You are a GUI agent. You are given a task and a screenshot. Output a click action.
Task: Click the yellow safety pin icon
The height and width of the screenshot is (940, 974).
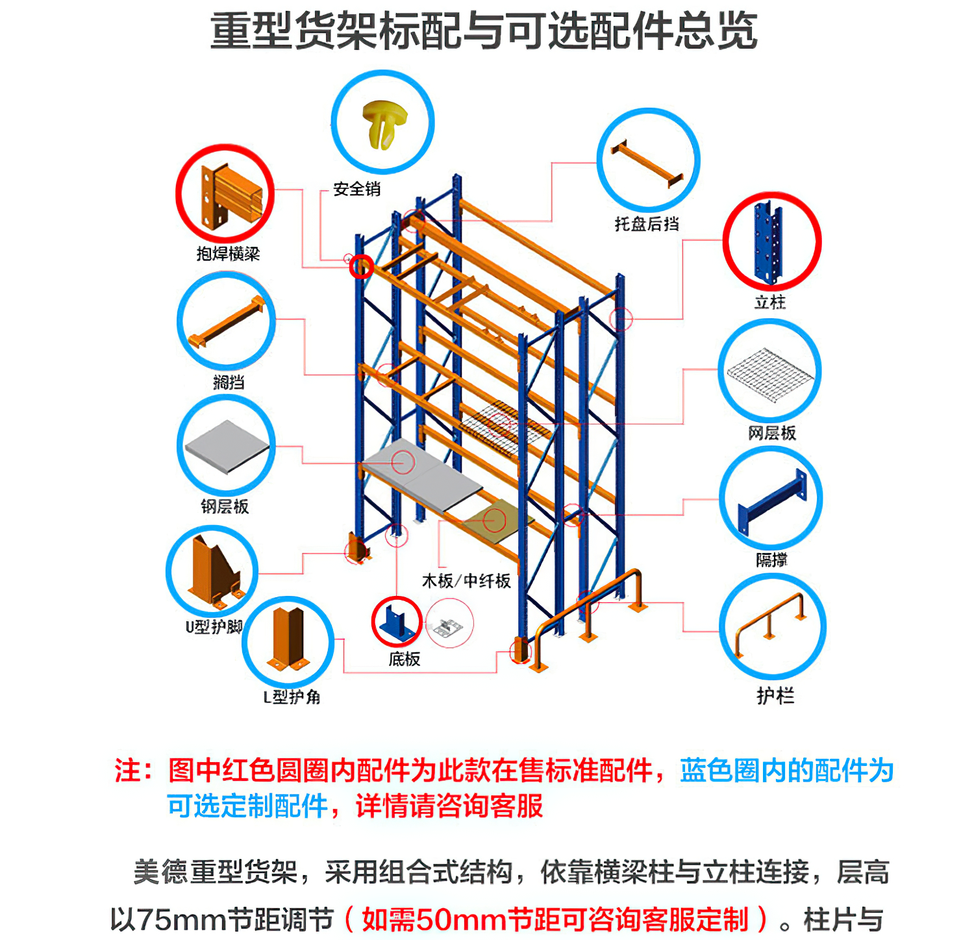pyautogui.click(x=384, y=123)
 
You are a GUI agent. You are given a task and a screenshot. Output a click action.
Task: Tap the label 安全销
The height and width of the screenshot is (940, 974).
pyautogui.click(x=356, y=190)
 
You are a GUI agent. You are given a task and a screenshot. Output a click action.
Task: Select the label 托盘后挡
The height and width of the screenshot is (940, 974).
pyautogui.click(x=647, y=224)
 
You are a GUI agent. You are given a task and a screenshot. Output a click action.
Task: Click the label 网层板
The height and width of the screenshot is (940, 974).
pyautogui.click(x=772, y=433)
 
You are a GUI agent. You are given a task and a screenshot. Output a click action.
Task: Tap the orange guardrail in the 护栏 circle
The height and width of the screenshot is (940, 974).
pyautogui.click(x=771, y=623)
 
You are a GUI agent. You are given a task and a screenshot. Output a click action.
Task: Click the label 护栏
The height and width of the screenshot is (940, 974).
pyautogui.click(x=775, y=695)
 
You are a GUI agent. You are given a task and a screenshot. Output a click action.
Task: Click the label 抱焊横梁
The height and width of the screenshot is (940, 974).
pyautogui.click(x=228, y=254)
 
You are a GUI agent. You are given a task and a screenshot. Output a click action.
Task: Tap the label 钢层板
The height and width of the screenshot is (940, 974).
pyautogui.click(x=225, y=506)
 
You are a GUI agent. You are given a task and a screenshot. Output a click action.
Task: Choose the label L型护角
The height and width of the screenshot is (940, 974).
pyautogui.click(x=292, y=697)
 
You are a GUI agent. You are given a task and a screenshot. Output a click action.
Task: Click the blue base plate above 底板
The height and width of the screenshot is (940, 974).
pyautogui.click(x=397, y=622)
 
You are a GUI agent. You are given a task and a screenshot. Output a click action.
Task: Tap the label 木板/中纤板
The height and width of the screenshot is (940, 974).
pyautogui.click(x=466, y=580)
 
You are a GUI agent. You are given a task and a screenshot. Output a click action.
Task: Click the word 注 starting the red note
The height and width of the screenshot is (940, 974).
pyautogui.click(x=128, y=771)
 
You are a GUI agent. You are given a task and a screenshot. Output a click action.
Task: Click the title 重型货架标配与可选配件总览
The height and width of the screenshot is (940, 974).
pyautogui.click(x=484, y=31)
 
